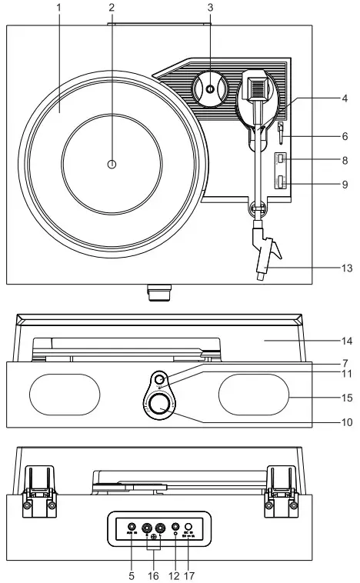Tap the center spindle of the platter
112,164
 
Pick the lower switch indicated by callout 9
282,182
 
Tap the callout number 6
345,135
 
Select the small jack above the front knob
158,380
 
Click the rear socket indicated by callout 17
188,528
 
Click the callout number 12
175,575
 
